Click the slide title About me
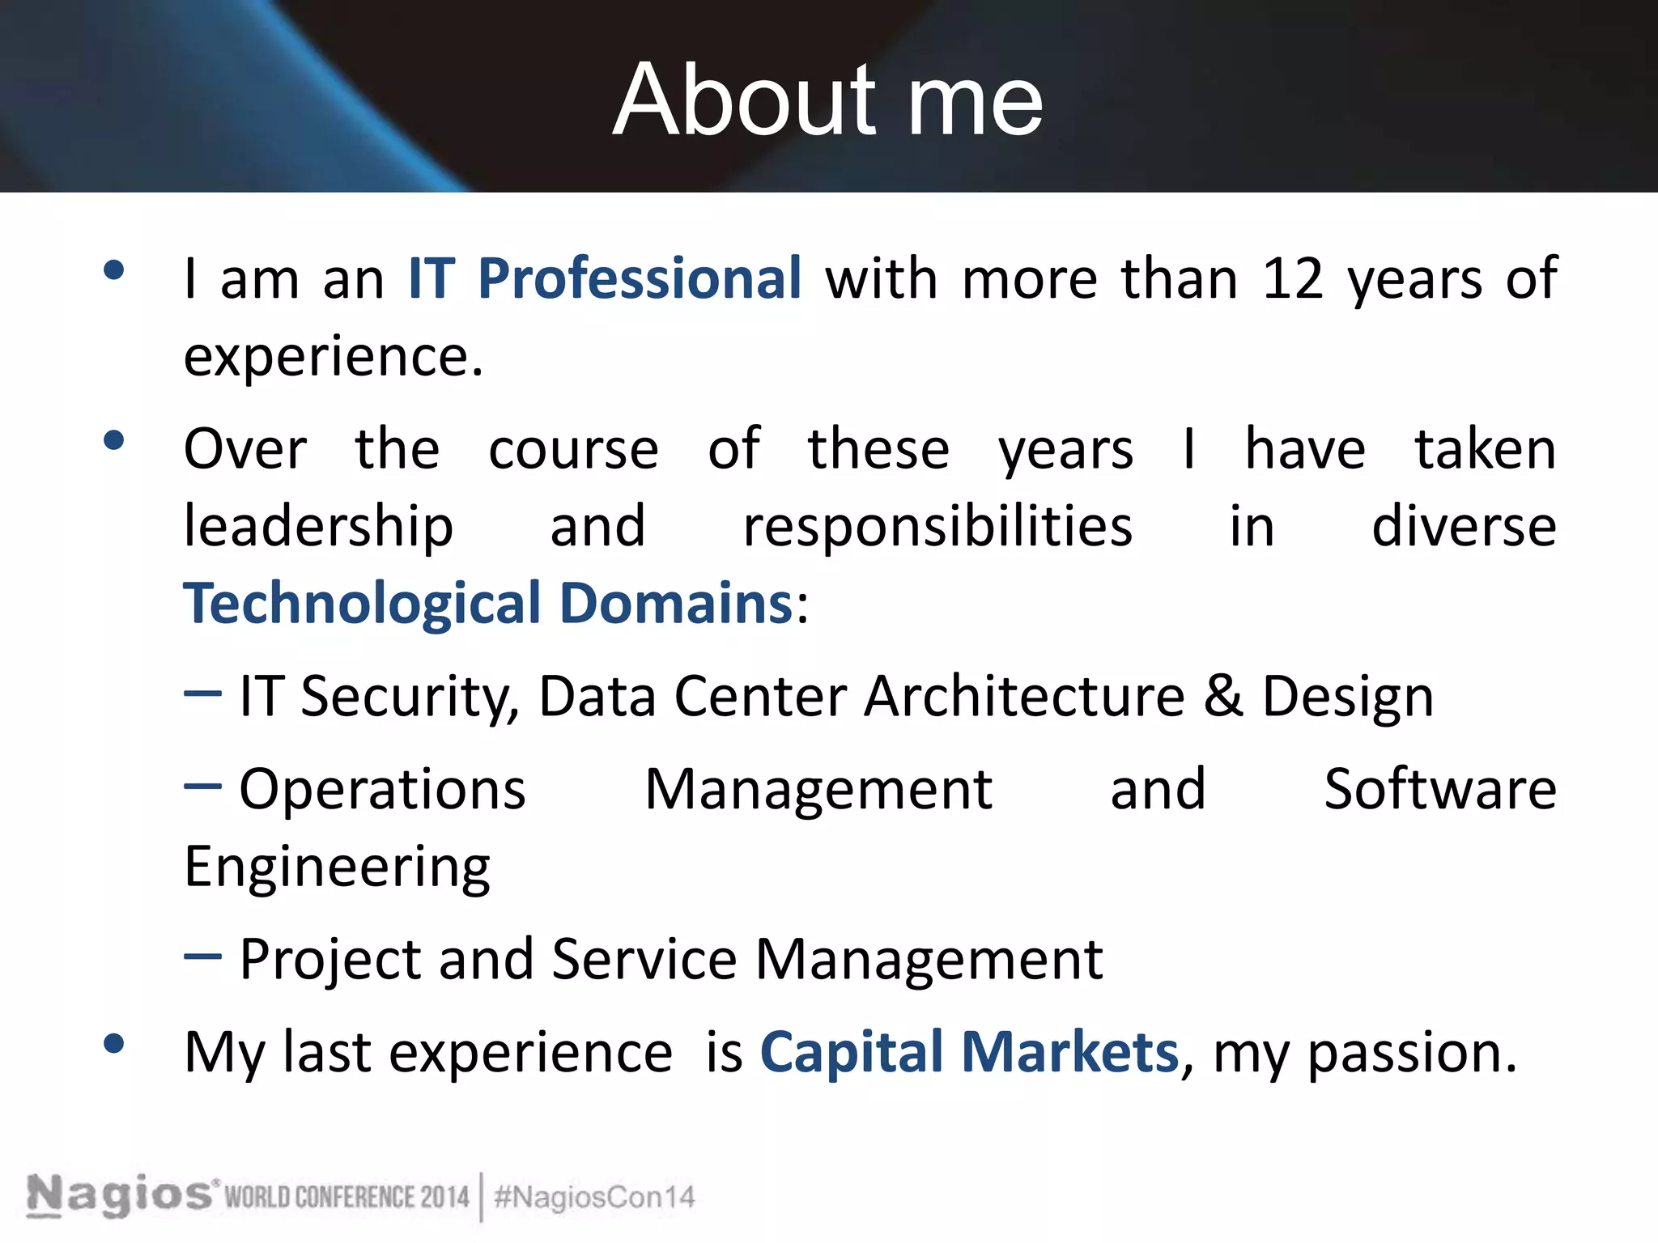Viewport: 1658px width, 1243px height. (x=827, y=100)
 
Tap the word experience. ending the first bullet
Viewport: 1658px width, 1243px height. (x=334, y=357)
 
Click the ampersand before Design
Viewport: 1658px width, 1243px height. (x=1222, y=696)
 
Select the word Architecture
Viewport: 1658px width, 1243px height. (x=1024, y=696)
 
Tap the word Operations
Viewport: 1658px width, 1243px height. (x=382, y=789)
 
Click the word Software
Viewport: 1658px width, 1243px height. (x=1440, y=789)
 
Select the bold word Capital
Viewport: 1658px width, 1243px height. (x=851, y=1053)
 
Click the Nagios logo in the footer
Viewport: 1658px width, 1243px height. (x=120, y=1195)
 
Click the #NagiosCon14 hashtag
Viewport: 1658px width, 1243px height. (x=594, y=1197)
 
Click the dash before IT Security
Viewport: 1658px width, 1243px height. (x=202, y=694)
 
